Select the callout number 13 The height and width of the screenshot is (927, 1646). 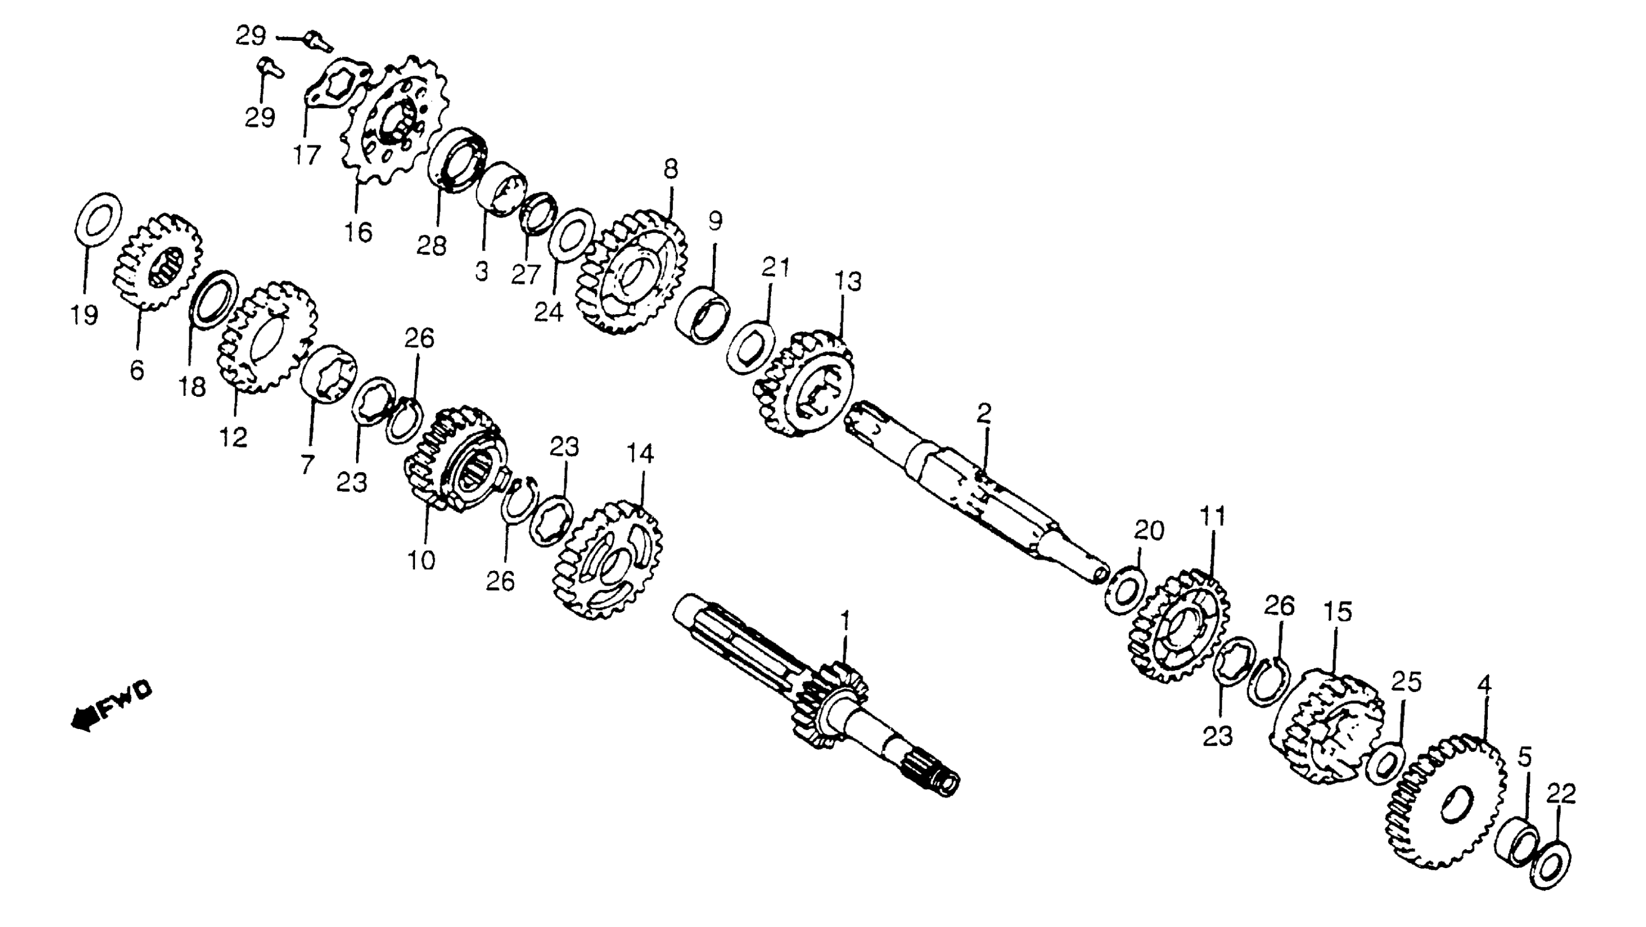click(849, 281)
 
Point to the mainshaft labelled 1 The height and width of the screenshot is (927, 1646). click(818, 696)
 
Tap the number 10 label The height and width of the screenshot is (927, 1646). click(422, 560)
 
